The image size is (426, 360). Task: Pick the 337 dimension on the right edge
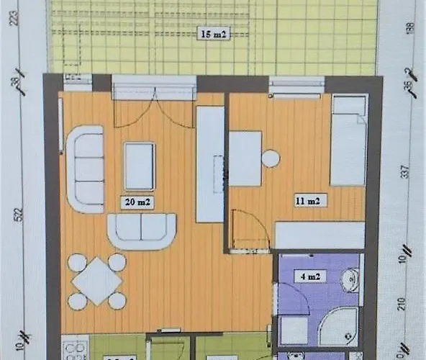[411, 174]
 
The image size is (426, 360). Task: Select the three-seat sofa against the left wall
[84, 168]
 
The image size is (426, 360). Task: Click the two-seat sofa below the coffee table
[142, 230]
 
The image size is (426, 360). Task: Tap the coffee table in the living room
[140, 166]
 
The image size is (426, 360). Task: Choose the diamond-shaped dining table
[97, 281]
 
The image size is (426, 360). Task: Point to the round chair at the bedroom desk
[271, 158]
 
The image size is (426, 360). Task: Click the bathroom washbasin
[350, 279]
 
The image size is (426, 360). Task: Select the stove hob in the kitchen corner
[74, 351]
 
